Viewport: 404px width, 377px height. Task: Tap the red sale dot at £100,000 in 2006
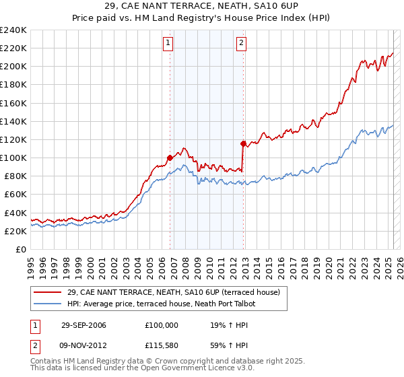click(x=170, y=158)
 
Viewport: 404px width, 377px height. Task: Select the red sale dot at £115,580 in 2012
click(x=243, y=143)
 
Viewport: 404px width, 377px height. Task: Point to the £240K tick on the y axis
click(x=13, y=30)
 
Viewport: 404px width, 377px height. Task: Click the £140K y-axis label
click(x=13, y=121)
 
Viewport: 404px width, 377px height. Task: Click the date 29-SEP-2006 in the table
click(x=84, y=324)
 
